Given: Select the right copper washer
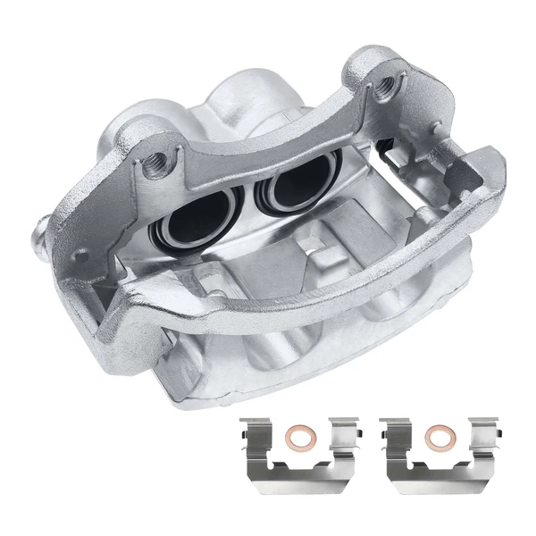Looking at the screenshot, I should tap(437, 438).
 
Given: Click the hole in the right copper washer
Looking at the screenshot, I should tap(437, 438).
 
